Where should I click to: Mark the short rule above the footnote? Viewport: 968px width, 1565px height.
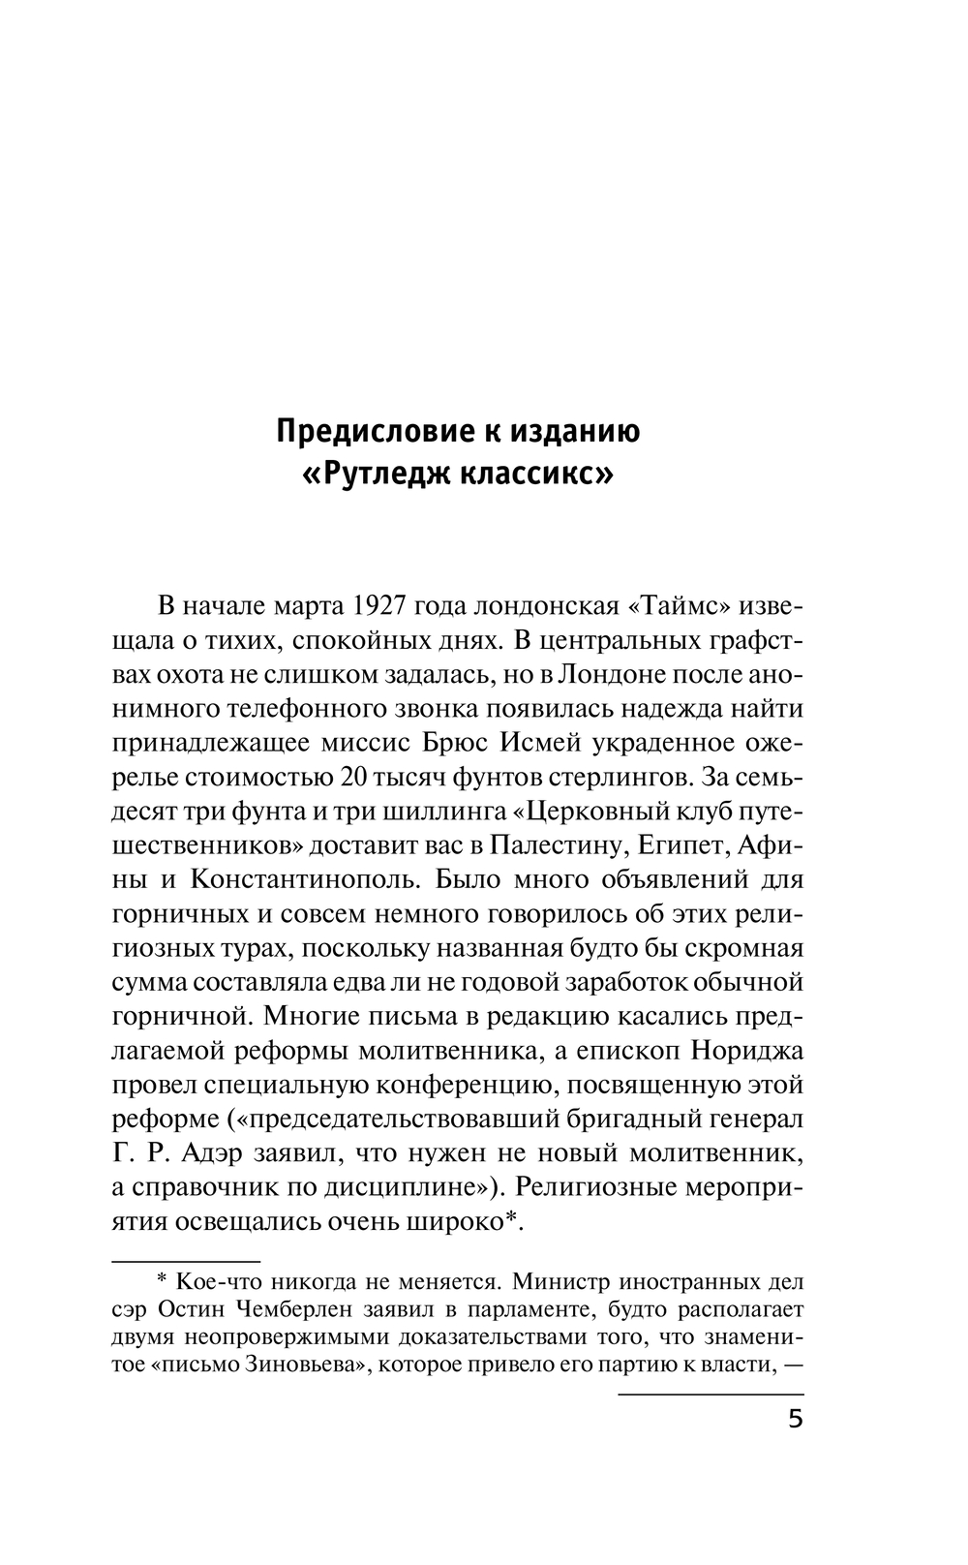click(x=187, y=1263)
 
